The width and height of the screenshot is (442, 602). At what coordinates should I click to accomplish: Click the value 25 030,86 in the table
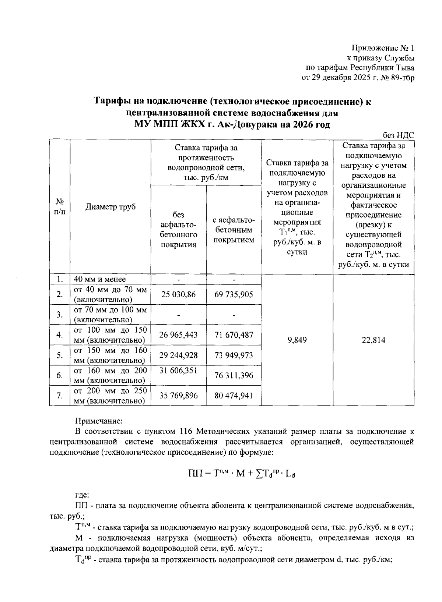(178, 294)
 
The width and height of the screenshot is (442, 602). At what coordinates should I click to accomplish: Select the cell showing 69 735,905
(234, 294)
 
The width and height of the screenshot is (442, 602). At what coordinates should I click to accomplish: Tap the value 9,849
(297, 340)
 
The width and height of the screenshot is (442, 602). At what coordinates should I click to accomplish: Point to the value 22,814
(373, 340)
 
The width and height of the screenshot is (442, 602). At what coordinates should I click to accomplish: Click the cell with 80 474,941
(234, 396)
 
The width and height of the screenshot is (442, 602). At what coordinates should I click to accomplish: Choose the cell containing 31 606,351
(178, 371)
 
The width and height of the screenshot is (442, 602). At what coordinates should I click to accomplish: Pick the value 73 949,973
(234, 355)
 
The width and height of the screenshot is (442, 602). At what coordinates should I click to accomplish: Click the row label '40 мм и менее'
(100, 280)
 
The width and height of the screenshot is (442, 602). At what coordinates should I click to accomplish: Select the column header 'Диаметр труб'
(110, 207)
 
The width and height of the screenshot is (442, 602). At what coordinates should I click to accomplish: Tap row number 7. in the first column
(60, 396)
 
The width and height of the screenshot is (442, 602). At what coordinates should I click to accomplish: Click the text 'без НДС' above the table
(399, 135)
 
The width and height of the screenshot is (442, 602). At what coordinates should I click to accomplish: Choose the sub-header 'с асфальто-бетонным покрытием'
(234, 230)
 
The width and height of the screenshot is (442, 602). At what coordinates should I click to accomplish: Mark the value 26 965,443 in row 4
(178, 335)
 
